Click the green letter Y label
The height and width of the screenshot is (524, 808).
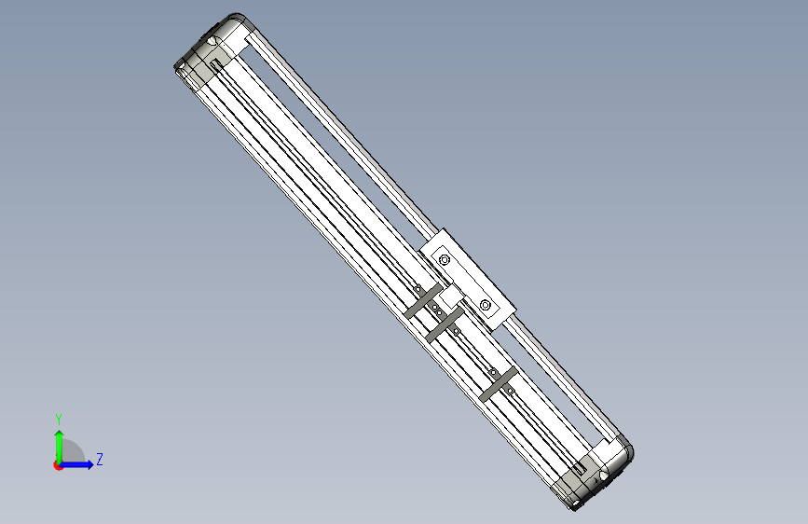point(59,419)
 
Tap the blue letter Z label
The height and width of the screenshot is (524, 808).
point(100,459)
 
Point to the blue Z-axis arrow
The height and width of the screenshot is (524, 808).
point(76,464)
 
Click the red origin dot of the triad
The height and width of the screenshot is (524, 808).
point(58,465)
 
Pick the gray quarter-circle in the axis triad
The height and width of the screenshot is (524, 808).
point(72,452)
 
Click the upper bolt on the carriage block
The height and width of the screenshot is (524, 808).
point(445,259)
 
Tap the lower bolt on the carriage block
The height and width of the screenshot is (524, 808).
point(486,305)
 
